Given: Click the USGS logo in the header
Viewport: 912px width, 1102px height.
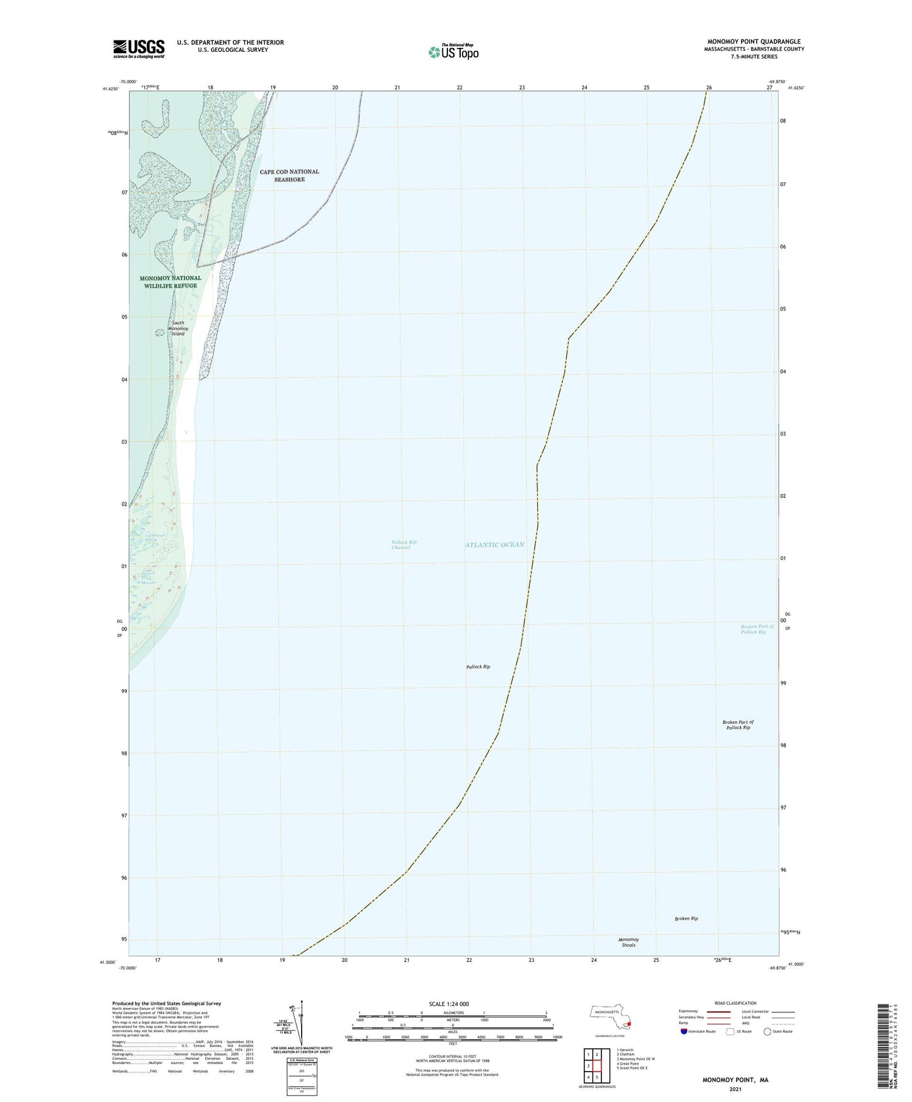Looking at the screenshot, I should [x=138, y=49].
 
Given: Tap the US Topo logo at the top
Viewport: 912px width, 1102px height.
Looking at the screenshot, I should [x=453, y=51].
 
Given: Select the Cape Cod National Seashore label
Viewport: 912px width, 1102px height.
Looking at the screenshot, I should [x=289, y=175].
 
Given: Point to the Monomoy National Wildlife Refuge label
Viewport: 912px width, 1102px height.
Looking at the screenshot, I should [x=170, y=281].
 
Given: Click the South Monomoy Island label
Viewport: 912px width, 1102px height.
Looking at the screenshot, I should [x=179, y=328].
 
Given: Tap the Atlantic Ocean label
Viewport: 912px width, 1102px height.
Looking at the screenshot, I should [x=494, y=545].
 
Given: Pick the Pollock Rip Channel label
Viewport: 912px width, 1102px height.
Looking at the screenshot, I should [x=403, y=545].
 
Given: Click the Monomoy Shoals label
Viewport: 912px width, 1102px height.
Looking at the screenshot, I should [x=628, y=942].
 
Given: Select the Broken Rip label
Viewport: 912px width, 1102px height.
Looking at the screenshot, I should [x=686, y=919].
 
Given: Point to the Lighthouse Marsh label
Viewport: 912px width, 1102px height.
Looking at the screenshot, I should [x=143, y=537].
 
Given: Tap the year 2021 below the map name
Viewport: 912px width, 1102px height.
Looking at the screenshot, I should [x=735, y=1089].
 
